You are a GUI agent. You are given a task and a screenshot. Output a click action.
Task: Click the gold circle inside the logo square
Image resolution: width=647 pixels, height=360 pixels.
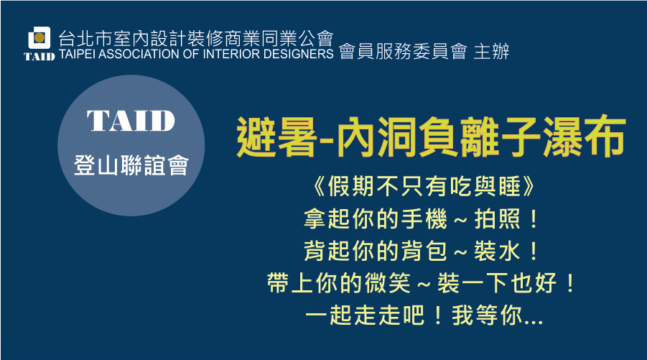pos(39,37)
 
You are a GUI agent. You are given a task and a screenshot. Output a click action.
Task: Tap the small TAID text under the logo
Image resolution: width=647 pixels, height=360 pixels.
pos(39,57)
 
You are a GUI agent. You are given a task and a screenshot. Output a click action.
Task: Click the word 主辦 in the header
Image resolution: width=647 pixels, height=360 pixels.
pos(491,52)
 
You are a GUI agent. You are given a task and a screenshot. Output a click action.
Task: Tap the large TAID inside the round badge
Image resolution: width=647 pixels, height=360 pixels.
pos(131,121)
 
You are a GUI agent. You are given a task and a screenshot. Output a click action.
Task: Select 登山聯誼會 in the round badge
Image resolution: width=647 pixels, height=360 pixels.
pos(131,165)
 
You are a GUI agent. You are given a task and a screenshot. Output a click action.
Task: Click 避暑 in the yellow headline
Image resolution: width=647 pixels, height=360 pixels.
pos(276,137)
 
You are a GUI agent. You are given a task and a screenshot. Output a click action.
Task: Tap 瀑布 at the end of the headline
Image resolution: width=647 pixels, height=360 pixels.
pos(585,137)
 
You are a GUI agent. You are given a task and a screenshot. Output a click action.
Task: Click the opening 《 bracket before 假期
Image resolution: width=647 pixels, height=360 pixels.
pos(319,187)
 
